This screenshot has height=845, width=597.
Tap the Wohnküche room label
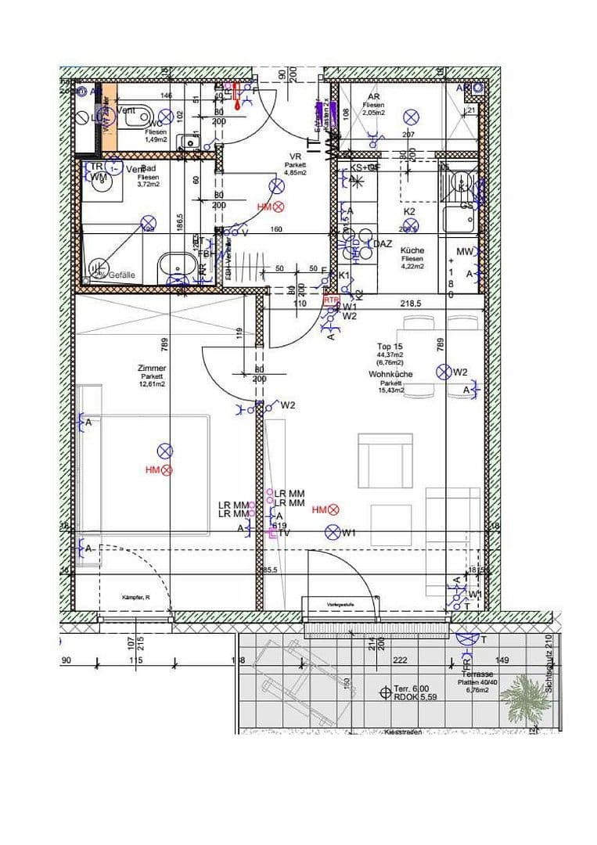point(390,375)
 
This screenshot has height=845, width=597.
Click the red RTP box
point(332,300)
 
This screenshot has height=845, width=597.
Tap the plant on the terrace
point(523,694)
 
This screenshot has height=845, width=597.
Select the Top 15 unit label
point(390,346)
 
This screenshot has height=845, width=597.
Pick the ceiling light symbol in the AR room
point(412,117)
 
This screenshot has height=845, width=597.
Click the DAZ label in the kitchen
point(382,244)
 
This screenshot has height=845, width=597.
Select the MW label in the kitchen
point(465,251)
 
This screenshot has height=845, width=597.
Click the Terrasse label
point(477,673)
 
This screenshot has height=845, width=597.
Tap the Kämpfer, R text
point(135,597)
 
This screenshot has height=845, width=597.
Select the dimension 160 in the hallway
point(276,230)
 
